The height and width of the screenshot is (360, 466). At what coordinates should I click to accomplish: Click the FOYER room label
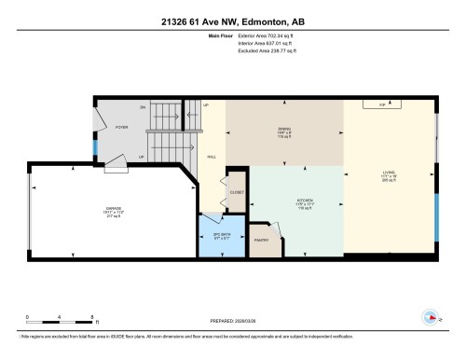(120, 128)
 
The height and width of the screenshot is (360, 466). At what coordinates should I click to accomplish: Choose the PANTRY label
(261, 240)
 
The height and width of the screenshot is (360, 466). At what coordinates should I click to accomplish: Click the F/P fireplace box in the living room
(382, 106)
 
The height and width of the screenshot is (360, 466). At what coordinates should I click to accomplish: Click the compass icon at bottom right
(432, 315)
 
